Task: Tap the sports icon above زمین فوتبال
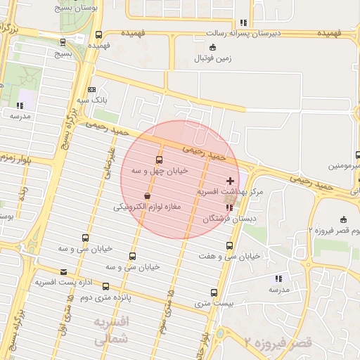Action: [x=214, y=47]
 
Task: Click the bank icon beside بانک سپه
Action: [x=92, y=89]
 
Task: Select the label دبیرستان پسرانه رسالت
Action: [x=243, y=33]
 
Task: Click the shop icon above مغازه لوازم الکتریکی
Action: [x=147, y=196]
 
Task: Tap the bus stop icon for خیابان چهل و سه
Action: [x=158, y=160]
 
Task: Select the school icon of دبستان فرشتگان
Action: [x=231, y=207]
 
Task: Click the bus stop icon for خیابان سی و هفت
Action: [x=229, y=245]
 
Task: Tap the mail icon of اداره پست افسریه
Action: [x=64, y=271]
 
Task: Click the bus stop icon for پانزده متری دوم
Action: [x=105, y=286]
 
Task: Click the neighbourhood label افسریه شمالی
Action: [x=112, y=330]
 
